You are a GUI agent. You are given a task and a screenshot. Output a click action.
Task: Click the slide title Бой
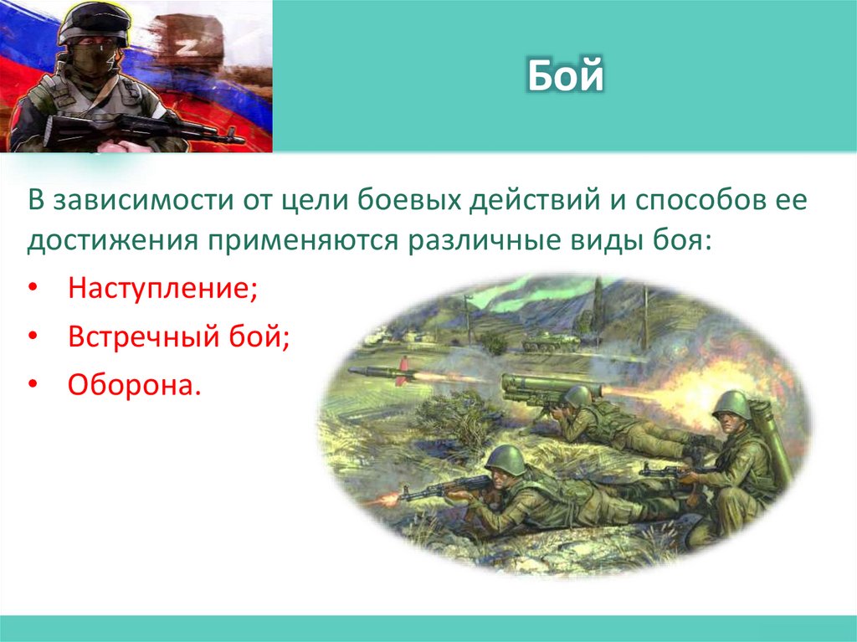[x=565, y=76]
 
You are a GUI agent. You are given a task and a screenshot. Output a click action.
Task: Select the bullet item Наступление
[x=162, y=290]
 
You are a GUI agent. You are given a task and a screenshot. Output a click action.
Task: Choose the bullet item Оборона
[x=134, y=387]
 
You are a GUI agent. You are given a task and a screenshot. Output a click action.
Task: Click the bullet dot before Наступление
[x=32, y=290]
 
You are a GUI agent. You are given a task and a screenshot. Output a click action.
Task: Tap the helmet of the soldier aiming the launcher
[x=577, y=395]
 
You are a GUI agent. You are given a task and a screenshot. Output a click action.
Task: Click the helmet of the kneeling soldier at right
[x=731, y=404]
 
